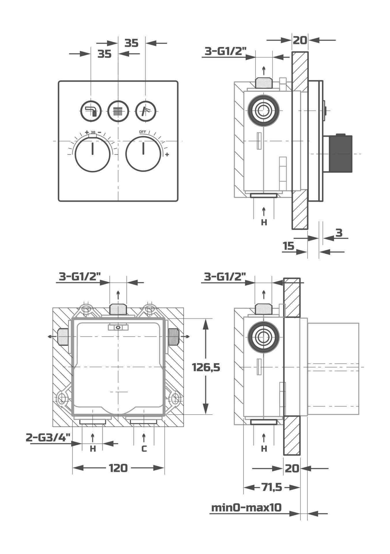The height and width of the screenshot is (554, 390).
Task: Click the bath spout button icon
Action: coord(91,111)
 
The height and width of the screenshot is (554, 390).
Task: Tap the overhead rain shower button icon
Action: coord(118,111)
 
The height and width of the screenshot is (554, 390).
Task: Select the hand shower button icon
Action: coord(146,111)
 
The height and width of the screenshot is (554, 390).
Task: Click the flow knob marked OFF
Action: coord(143,154)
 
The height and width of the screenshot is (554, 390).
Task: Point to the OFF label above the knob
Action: coord(142,132)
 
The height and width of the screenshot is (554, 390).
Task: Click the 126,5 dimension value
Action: coord(206,367)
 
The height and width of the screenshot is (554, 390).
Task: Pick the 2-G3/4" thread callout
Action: coord(48,437)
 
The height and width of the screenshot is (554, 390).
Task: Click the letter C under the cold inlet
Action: coord(144,449)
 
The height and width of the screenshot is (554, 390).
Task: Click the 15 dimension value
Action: coord(288,246)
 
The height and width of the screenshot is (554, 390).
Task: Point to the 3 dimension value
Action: coord(339,233)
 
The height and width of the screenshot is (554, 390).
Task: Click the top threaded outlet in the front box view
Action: coord(118,309)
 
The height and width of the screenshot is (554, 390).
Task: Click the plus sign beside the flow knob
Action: coord(167,155)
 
